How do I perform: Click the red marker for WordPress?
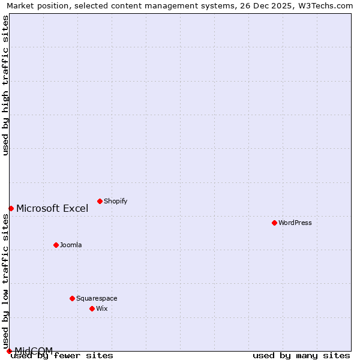[x=274, y=223]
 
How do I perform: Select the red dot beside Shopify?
[x=100, y=201]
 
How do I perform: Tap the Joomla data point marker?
[x=56, y=245]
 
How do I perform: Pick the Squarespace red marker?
[x=72, y=298]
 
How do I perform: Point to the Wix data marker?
[x=92, y=308]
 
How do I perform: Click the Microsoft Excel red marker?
[x=11, y=208]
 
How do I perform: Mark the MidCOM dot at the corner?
[x=9, y=351]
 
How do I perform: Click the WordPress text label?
[x=295, y=223]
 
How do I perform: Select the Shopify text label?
[x=116, y=201]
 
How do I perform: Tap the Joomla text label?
[x=71, y=245]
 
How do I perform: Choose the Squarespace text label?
[x=97, y=298]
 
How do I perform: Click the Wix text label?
[x=102, y=308]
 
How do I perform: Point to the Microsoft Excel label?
[x=52, y=209]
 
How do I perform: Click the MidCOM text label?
[x=34, y=350]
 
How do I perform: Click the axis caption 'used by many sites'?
[x=301, y=356]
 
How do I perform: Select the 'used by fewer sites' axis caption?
[x=62, y=356]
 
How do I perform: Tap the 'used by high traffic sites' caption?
[x=5, y=85]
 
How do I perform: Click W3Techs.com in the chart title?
[x=329, y=5]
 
